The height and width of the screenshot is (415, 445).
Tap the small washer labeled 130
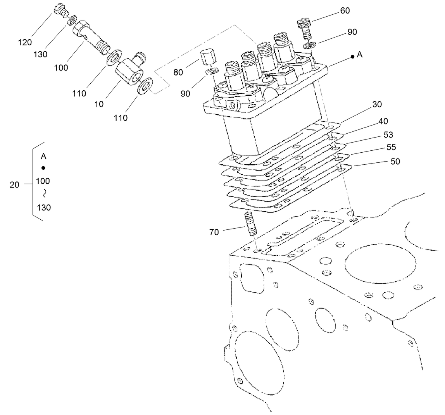(72, 20)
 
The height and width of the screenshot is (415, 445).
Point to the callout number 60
(345, 11)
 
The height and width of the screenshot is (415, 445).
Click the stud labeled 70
(251, 224)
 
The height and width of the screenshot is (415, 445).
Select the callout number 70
(214, 232)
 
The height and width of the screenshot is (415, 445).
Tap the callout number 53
(388, 135)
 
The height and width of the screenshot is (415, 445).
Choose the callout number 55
(391, 148)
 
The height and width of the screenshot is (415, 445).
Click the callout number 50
(395, 161)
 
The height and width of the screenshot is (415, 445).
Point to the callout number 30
(377, 104)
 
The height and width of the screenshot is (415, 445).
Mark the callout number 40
(383, 121)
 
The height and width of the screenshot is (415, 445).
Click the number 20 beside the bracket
(14, 185)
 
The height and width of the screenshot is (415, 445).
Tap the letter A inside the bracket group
(44, 157)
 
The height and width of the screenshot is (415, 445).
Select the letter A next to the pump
(360, 55)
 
